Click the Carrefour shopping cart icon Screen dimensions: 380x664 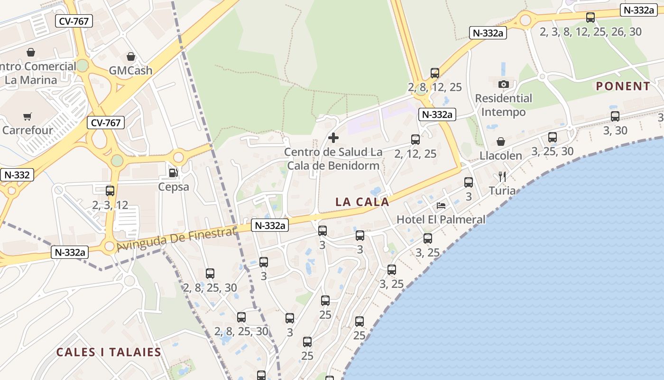[x=28, y=116]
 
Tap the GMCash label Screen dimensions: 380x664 [x=130, y=70]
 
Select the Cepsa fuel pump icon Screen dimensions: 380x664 [x=174, y=173]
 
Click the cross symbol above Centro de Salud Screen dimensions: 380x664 [x=333, y=138]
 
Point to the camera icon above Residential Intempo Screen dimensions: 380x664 [x=503, y=85]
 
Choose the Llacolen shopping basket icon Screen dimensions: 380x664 [x=500, y=142]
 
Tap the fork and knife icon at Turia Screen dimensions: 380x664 [x=502, y=177]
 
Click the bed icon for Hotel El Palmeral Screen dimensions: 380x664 [x=441, y=206]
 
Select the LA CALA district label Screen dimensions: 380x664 [x=362, y=202]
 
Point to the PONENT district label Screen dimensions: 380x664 [x=623, y=86]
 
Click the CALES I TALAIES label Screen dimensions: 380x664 [x=109, y=352]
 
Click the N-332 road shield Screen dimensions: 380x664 [x=17, y=175]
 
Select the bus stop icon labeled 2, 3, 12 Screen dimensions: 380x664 [x=110, y=191]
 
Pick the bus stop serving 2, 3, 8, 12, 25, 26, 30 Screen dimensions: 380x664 [x=590, y=18]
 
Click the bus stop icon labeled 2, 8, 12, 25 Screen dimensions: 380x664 [x=435, y=73]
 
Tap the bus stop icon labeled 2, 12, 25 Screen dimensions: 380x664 [x=415, y=140]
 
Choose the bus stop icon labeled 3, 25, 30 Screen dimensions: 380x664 [x=553, y=137]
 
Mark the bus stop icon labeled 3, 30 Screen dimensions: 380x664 [x=615, y=116]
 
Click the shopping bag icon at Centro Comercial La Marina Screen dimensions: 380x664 [x=31, y=52]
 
